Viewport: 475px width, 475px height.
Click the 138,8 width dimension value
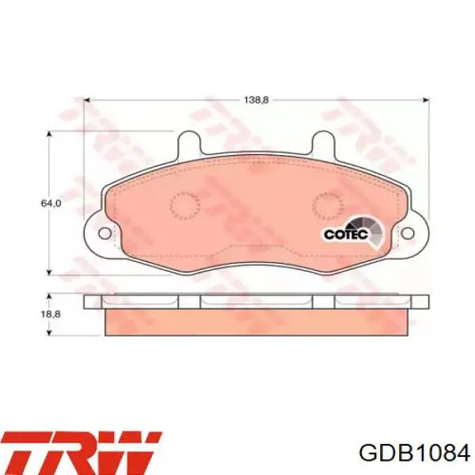[x=256, y=100]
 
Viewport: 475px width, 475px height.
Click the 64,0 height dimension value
[x=51, y=203]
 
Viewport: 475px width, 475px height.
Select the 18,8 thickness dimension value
[x=51, y=314]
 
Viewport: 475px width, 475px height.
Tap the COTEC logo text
[x=346, y=234]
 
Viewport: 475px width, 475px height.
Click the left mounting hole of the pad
[x=104, y=233]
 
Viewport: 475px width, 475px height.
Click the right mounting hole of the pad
[x=408, y=233]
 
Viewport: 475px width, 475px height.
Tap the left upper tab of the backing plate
[x=188, y=142]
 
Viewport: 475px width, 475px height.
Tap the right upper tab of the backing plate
[x=323, y=142]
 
